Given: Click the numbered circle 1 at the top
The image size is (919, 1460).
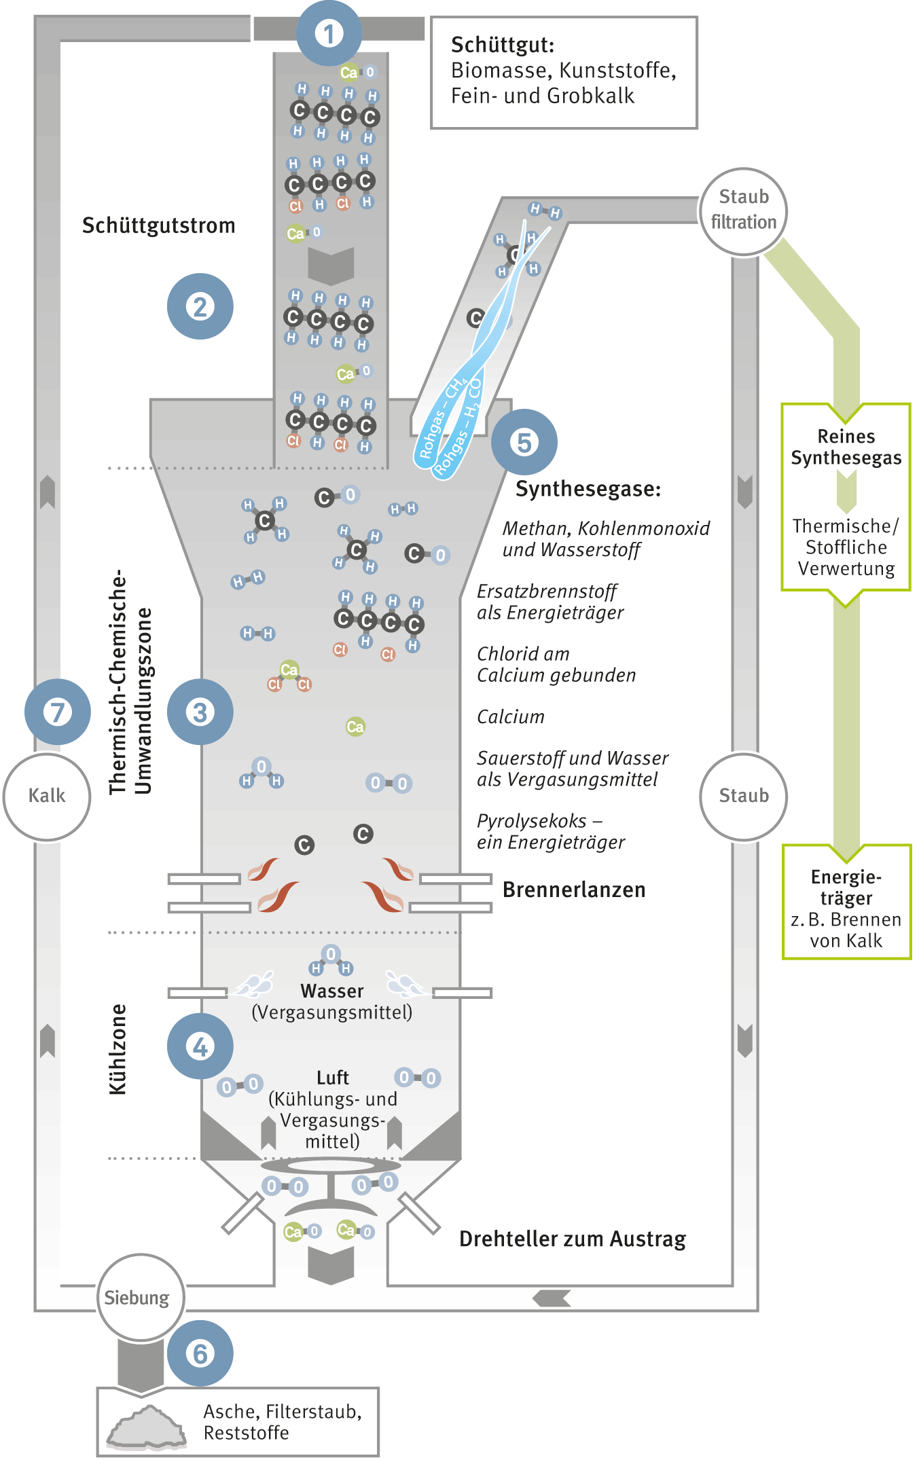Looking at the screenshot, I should point(329,33).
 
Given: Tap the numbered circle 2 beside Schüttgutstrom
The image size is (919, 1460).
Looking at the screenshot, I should point(200,306).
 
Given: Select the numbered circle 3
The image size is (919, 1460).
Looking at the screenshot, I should point(200,712).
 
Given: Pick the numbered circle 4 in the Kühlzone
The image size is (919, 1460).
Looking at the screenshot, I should point(200,1046).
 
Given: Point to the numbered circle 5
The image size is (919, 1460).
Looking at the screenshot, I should point(524,442).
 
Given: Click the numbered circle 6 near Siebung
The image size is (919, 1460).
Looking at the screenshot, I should point(200,1353).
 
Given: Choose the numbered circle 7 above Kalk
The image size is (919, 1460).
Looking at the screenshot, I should point(58,712).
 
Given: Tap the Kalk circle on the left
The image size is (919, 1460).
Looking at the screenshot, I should point(47,796).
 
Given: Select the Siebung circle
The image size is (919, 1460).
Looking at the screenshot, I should point(137,1298).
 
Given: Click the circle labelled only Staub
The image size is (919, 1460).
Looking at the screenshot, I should point(744,796).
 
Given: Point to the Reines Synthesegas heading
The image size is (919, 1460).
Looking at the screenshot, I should point(846,447).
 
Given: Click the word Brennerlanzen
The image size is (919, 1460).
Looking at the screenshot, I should point(574,890).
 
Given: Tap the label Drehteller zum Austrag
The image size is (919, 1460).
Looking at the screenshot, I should point(573,1239).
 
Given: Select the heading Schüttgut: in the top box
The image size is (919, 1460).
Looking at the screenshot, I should point(503,45).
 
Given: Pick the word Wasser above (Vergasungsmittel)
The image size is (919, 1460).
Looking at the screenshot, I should point(332,991).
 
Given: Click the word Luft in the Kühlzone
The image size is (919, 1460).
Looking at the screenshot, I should point(333,1078).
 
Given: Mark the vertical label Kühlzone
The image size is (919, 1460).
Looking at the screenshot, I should point(118,1049).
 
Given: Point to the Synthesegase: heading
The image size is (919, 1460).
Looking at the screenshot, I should point(588,489).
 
